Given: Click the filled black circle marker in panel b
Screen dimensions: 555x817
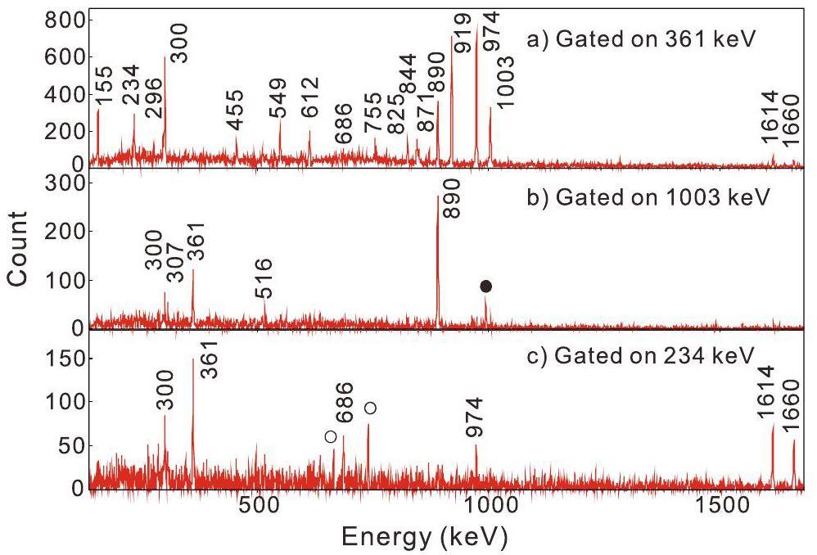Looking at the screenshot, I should (485, 287).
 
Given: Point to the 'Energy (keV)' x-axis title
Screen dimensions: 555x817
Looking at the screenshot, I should (424, 538).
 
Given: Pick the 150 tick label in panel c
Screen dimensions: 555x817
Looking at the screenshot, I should (62, 359).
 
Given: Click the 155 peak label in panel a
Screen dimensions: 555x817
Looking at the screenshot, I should (104, 87).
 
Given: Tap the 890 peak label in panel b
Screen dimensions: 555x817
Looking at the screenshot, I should (452, 199).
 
